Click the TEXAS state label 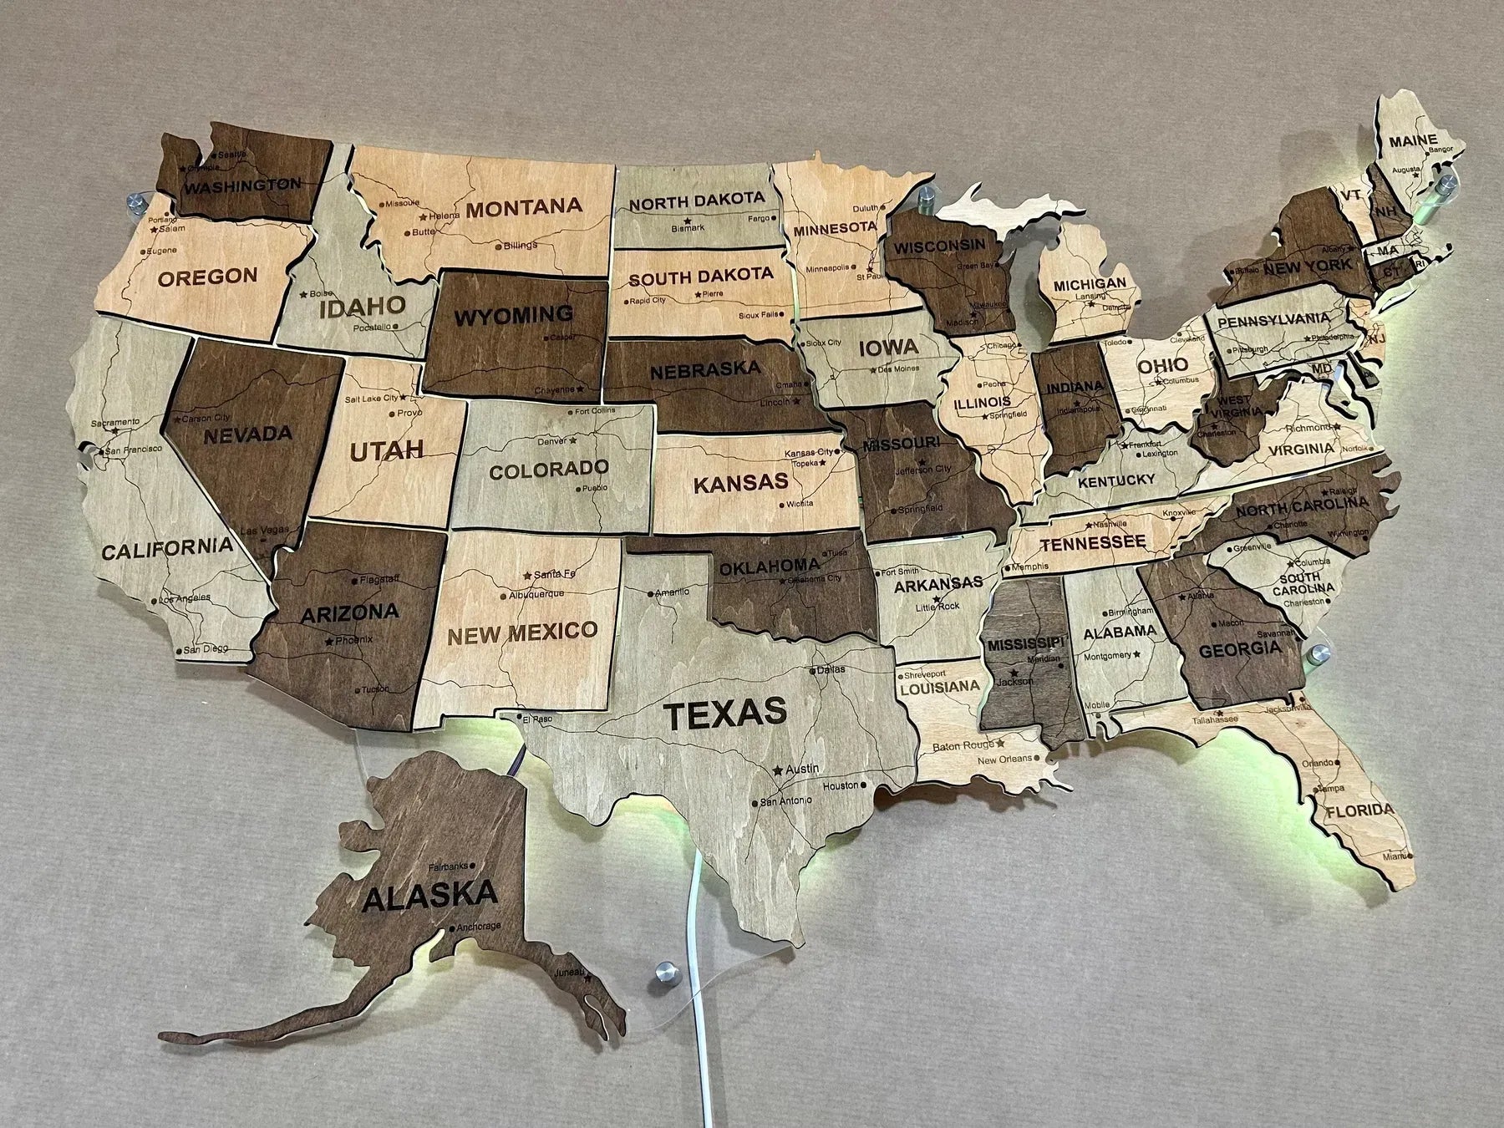(x=724, y=713)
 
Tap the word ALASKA (x=431, y=896)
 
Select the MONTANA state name (x=524, y=206)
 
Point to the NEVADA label (x=248, y=434)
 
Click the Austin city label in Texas (x=803, y=768)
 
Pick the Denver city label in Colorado (x=552, y=440)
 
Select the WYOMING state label (x=514, y=316)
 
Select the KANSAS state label (x=740, y=481)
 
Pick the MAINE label (x=1413, y=140)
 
